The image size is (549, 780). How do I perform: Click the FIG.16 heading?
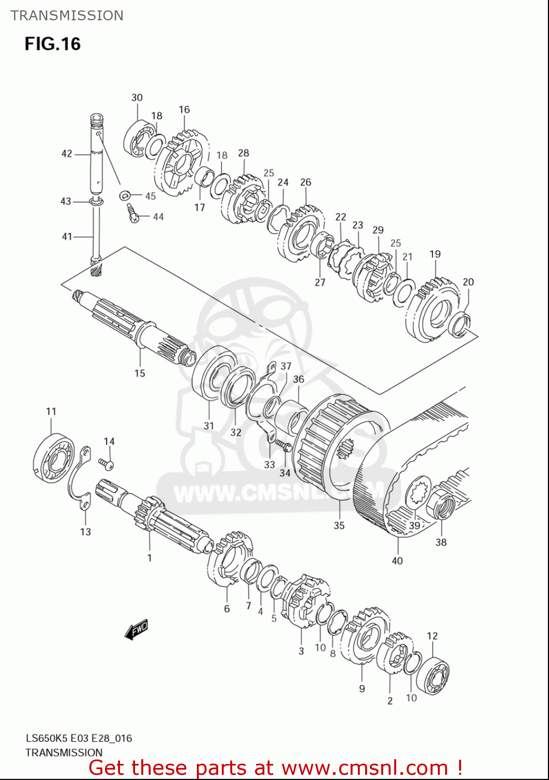[52, 44]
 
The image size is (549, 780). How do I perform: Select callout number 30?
[137, 98]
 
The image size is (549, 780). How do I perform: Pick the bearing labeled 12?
[433, 676]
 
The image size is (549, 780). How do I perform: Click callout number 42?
[67, 153]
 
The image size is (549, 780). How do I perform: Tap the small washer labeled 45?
[125, 196]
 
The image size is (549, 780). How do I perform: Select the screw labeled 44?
[132, 213]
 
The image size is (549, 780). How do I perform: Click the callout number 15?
[140, 373]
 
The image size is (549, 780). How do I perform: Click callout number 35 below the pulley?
[339, 525]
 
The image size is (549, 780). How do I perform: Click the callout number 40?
[397, 561]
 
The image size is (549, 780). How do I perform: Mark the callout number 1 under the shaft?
[150, 558]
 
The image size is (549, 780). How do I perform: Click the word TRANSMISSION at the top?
[67, 16]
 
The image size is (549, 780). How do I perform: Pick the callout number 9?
[361, 688]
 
